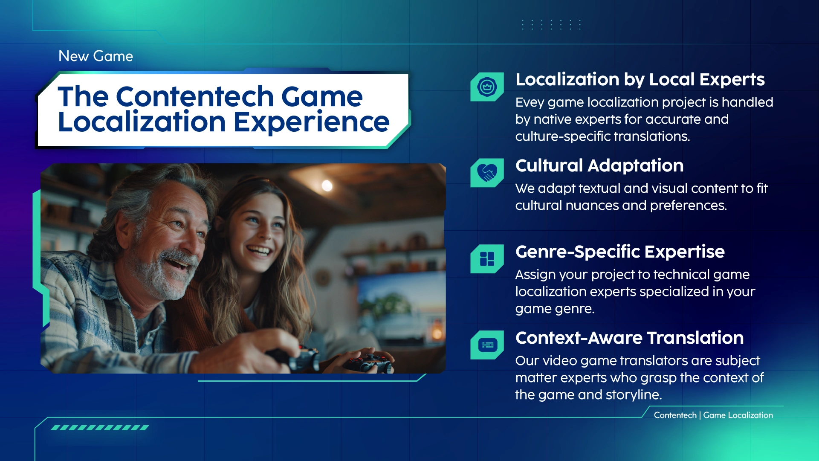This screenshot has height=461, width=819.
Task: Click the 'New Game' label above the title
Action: [x=96, y=56]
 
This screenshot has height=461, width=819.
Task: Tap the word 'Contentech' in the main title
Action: [x=195, y=96]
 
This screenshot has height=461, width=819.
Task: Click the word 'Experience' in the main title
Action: [x=311, y=122]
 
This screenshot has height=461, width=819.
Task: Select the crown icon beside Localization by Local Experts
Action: [x=487, y=87]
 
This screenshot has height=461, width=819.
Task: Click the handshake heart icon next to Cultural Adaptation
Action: [x=487, y=173]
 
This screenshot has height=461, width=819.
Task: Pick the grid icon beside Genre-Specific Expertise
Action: [x=487, y=259]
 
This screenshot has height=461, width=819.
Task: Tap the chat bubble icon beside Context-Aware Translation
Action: [x=487, y=345]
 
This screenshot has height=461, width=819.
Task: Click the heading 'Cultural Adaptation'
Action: [x=599, y=165]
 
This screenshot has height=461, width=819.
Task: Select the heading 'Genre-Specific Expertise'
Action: [x=620, y=252]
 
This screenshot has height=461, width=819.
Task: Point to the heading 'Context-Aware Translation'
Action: [x=629, y=338]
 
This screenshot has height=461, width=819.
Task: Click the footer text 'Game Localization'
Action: [x=738, y=415]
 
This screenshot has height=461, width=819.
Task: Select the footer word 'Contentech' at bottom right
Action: [x=675, y=415]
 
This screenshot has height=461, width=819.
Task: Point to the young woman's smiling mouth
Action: [x=258, y=251]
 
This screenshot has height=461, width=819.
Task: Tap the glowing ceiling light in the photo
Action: [x=327, y=186]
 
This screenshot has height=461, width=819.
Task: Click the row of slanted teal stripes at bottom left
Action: [x=100, y=427]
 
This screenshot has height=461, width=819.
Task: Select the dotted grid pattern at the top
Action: [x=551, y=25]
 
